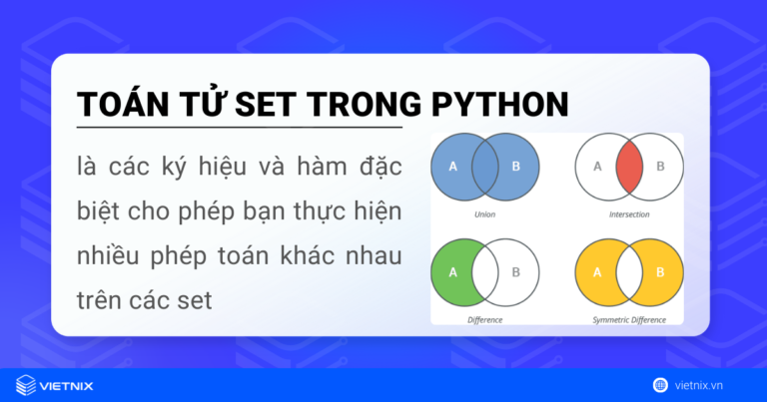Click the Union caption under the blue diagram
coord(485,213)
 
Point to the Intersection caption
coord(629,213)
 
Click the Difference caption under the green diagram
coord(485,320)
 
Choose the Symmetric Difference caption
coord(629,320)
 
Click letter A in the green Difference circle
coord(453,270)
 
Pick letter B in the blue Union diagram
coord(516,166)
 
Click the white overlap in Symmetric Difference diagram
coord(629,270)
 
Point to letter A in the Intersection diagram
coord(598,166)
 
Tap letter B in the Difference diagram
coord(516,270)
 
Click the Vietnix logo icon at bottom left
coord(26,385)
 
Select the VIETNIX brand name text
coord(73,385)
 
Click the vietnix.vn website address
coord(712,385)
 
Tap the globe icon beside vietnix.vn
coord(660,385)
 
